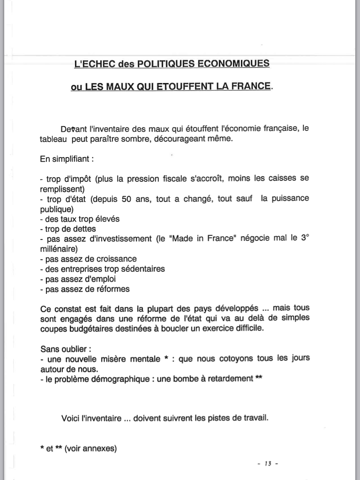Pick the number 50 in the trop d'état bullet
click(127, 199)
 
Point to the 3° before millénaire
click(305, 238)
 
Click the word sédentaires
click(141, 269)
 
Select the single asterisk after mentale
click(166, 359)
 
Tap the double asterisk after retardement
click(259, 378)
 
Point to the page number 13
click(268, 464)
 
